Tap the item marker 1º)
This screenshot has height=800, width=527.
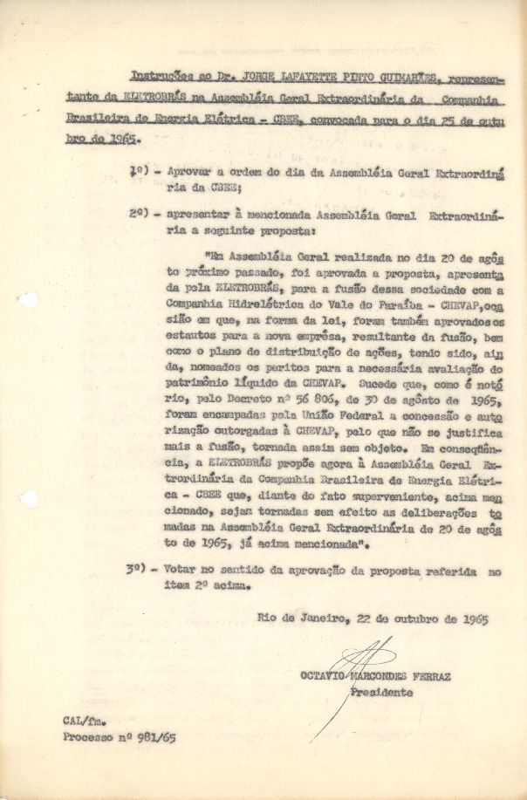[x=139, y=172]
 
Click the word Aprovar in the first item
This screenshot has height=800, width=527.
[x=192, y=172]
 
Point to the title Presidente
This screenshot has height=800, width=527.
[x=382, y=693]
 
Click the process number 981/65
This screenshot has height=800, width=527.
[x=152, y=737]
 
